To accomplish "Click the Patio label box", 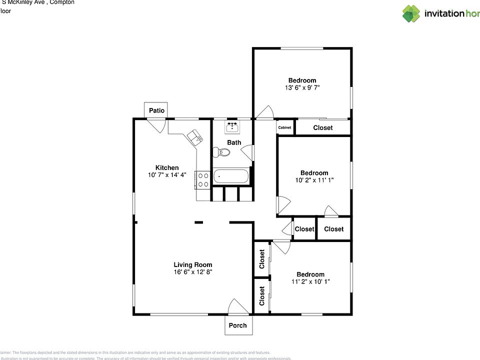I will [x=156, y=110].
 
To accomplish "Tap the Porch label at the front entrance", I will [x=237, y=325].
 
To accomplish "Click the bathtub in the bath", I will [x=230, y=176].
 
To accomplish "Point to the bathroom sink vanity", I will [x=231, y=127].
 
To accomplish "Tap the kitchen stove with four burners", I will [x=202, y=179].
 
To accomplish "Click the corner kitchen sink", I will [x=194, y=136].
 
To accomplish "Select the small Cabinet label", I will [x=284, y=128].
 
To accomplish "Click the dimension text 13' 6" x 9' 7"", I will [x=302, y=87].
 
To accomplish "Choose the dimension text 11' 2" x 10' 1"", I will [x=310, y=281].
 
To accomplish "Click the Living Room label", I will [x=193, y=265].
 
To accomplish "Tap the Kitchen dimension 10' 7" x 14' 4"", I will [x=167, y=175].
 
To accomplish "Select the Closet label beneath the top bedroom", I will [x=322, y=128].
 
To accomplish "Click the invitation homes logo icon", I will [x=411, y=13].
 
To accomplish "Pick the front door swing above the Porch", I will [x=235, y=306].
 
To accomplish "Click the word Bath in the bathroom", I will [x=234, y=142].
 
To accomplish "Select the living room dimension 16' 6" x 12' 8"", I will [x=193, y=272].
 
